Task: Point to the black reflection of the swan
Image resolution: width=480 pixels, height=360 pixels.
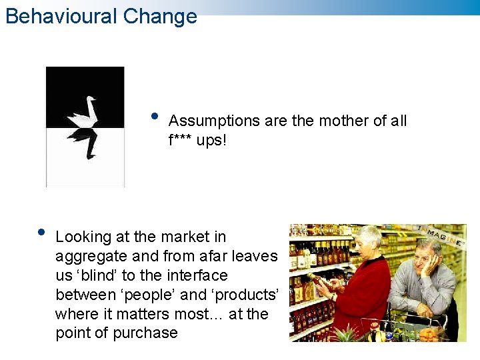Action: click(x=85, y=142)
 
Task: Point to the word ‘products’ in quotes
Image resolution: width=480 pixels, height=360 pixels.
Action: click(x=245, y=295)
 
